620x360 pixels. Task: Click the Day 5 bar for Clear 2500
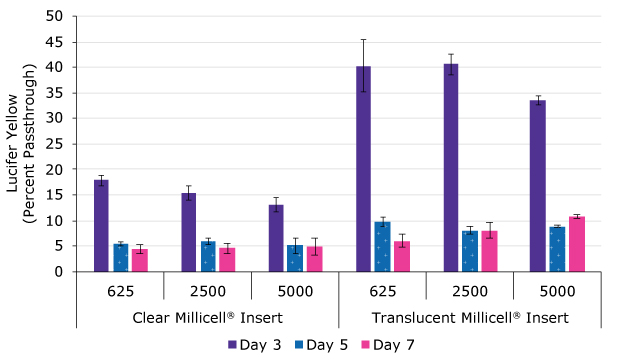click(208, 256)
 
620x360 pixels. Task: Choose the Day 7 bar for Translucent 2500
click(490, 251)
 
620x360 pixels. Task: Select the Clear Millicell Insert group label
click(208, 318)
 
